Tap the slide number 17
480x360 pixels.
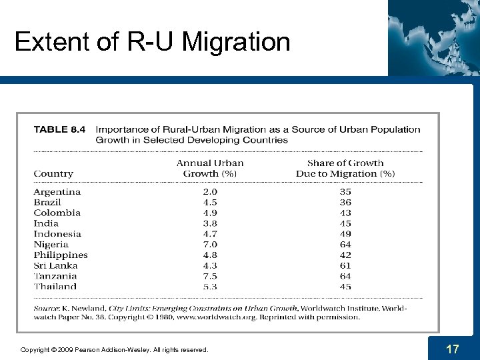453,349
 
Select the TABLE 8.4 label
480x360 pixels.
59,130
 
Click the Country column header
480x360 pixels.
53,174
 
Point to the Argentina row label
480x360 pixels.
57,192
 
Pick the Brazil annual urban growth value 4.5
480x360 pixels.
210,203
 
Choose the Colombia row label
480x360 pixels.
57,213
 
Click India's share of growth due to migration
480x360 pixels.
345,224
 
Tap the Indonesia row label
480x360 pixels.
57,234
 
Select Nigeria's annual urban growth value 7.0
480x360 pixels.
210,245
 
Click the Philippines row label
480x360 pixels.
61,255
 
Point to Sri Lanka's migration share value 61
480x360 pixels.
345,266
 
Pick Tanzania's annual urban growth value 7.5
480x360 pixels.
210,276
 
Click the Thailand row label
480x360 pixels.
55,287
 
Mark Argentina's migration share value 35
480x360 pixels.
345,192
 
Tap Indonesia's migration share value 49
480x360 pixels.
345,234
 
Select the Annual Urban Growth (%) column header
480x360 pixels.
210,168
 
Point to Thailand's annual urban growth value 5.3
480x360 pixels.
210,287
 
